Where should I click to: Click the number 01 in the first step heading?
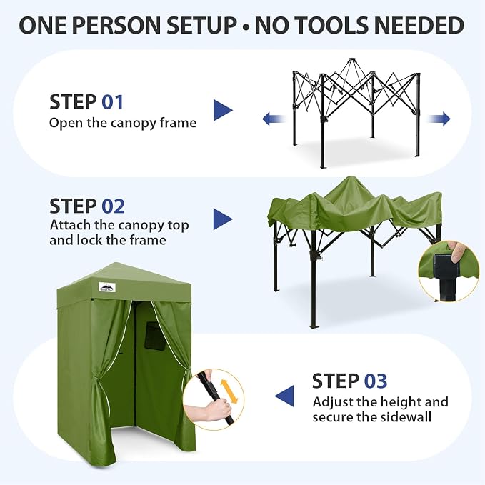tap(113, 102)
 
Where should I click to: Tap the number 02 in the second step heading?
tap(113, 206)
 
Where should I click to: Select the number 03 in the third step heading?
tap(376, 381)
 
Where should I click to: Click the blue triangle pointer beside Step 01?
tap(222, 110)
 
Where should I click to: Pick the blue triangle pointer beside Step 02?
tap(222, 219)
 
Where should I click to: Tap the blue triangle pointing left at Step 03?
tap(284, 396)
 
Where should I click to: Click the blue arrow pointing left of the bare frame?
tap(274, 119)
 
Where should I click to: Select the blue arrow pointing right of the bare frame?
tap(439, 119)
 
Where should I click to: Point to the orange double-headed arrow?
tap(229, 391)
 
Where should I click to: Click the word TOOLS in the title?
tap(311, 25)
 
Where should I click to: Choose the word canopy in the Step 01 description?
tap(134, 124)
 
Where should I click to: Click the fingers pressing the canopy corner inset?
tap(457, 251)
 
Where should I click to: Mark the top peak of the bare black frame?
tap(351, 59)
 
